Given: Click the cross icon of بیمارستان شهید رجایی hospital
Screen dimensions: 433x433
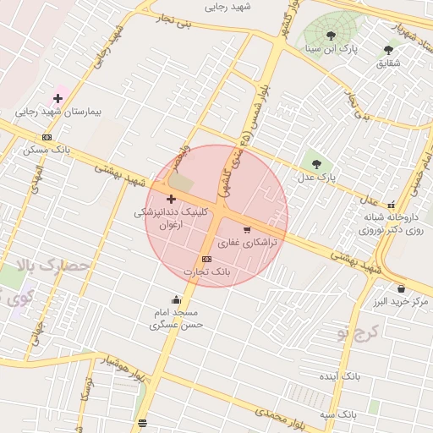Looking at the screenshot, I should (58, 99).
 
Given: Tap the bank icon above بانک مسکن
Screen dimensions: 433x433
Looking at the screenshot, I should (47, 137).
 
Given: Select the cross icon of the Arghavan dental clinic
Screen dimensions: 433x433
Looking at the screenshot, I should (171, 198).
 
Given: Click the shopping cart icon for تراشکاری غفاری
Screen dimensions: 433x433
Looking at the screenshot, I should (247, 229).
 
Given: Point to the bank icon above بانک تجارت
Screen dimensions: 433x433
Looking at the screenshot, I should (206, 259).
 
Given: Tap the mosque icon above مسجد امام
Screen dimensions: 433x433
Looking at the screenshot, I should (176, 299).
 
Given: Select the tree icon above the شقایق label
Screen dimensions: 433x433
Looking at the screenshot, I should (388, 50).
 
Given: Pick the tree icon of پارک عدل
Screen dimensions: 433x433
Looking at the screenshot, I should (317, 164).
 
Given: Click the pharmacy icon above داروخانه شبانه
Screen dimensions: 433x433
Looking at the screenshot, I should (391, 204).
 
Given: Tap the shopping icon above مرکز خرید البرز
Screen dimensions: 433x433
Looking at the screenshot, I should (400, 288).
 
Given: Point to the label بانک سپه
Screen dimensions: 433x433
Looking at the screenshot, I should (337, 414).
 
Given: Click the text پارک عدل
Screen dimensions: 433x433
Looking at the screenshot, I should (316, 178).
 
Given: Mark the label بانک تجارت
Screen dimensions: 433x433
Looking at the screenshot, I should (206, 272).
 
